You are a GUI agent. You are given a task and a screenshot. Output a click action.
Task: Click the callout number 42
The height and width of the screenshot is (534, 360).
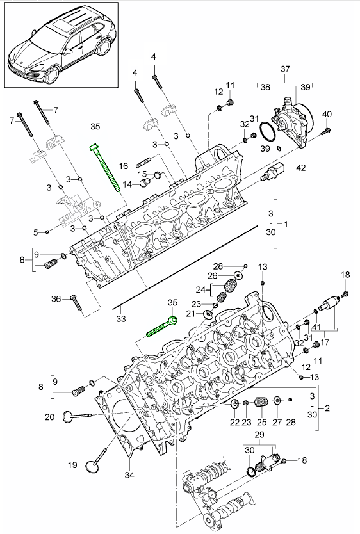coord(300,168)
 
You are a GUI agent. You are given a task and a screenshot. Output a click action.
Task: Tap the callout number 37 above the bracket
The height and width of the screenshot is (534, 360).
coord(285,69)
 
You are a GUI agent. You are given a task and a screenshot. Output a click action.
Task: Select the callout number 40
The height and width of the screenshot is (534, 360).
coord(327,114)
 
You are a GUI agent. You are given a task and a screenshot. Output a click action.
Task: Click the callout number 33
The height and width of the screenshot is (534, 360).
coord(121,319)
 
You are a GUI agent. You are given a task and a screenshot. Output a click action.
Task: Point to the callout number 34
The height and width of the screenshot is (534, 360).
coord(129,474)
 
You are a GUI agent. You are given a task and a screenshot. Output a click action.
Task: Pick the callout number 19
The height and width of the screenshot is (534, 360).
coord(72,465)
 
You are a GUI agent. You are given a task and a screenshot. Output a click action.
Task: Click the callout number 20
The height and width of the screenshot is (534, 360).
coord(50,417)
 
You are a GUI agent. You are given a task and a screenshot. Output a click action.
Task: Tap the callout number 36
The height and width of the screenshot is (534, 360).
coord(56,299)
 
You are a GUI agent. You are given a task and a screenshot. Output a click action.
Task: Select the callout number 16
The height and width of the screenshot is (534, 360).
coord(123,166)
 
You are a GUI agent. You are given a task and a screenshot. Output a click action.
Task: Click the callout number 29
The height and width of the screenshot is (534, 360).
coord(259,435)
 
